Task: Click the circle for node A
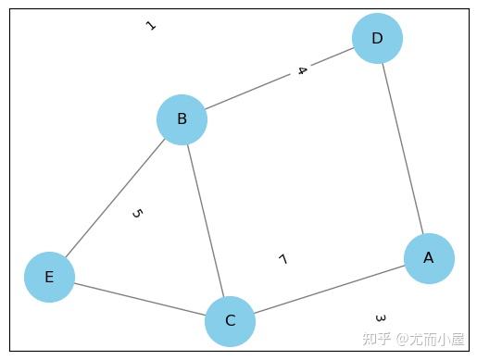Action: click(429, 258)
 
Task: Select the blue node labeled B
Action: click(182, 118)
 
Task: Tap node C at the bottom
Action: click(230, 321)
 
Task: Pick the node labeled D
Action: click(377, 38)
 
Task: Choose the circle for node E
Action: click(49, 277)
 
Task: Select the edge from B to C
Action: click(206, 220)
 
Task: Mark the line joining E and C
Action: click(139, 299)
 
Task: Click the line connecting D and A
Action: click(403, 148)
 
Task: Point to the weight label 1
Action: click(150, 26)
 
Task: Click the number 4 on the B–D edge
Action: click(301, 70)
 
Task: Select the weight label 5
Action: click(136, 214)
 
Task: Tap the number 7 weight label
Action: click(282, 259)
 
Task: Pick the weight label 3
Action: click(380, 318)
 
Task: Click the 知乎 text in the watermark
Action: click(377, 340)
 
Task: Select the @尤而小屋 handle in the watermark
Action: click(431, 340)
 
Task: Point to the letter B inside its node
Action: click(182, 118)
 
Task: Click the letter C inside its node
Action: click(230, 321)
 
